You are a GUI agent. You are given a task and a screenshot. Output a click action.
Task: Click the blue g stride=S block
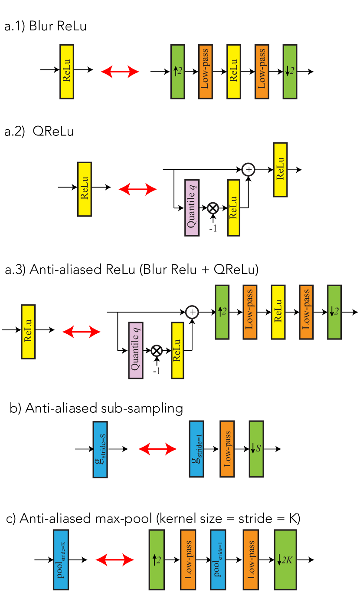click(x=100, y=449)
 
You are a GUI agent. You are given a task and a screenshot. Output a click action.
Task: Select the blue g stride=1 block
click(x=196, y=449)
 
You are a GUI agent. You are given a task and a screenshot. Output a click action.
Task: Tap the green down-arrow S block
click(x=256, y=449)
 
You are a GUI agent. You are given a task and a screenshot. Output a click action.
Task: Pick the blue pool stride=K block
click(x=61, y=560)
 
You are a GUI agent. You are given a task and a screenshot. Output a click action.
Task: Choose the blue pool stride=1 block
click(x=218, y=560)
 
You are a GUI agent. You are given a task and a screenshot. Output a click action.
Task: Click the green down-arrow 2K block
click(x=285, y=560)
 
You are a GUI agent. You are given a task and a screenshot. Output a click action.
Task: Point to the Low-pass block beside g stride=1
click(x=227, y=449)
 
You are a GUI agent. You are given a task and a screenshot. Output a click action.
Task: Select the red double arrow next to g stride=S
click(x=157, y=449)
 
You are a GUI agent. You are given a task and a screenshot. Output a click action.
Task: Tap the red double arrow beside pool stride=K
click(x=115, y=560)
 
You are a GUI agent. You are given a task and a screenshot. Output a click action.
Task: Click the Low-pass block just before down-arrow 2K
click(x=250, y=560)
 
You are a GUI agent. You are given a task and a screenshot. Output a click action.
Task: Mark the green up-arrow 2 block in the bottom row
click(x=157, y=560)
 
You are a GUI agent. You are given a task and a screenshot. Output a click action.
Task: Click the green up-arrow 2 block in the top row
click(x=177, y=72)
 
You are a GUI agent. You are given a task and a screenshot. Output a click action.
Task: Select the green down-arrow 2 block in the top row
click(x=290, y=72)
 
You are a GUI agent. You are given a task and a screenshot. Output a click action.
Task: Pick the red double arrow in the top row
click(x=120, y=72)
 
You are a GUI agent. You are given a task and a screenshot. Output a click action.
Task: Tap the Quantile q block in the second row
click(x=192, y=207)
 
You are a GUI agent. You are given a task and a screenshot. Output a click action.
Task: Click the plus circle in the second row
click(x=248, y=170)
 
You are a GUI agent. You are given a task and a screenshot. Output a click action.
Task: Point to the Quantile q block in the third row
click(x=135, y=350)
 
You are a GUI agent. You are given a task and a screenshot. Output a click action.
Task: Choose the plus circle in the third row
click(x=192, y=312)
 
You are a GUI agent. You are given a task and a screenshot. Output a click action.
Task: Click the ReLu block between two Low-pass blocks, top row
click(x=233, y=72)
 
